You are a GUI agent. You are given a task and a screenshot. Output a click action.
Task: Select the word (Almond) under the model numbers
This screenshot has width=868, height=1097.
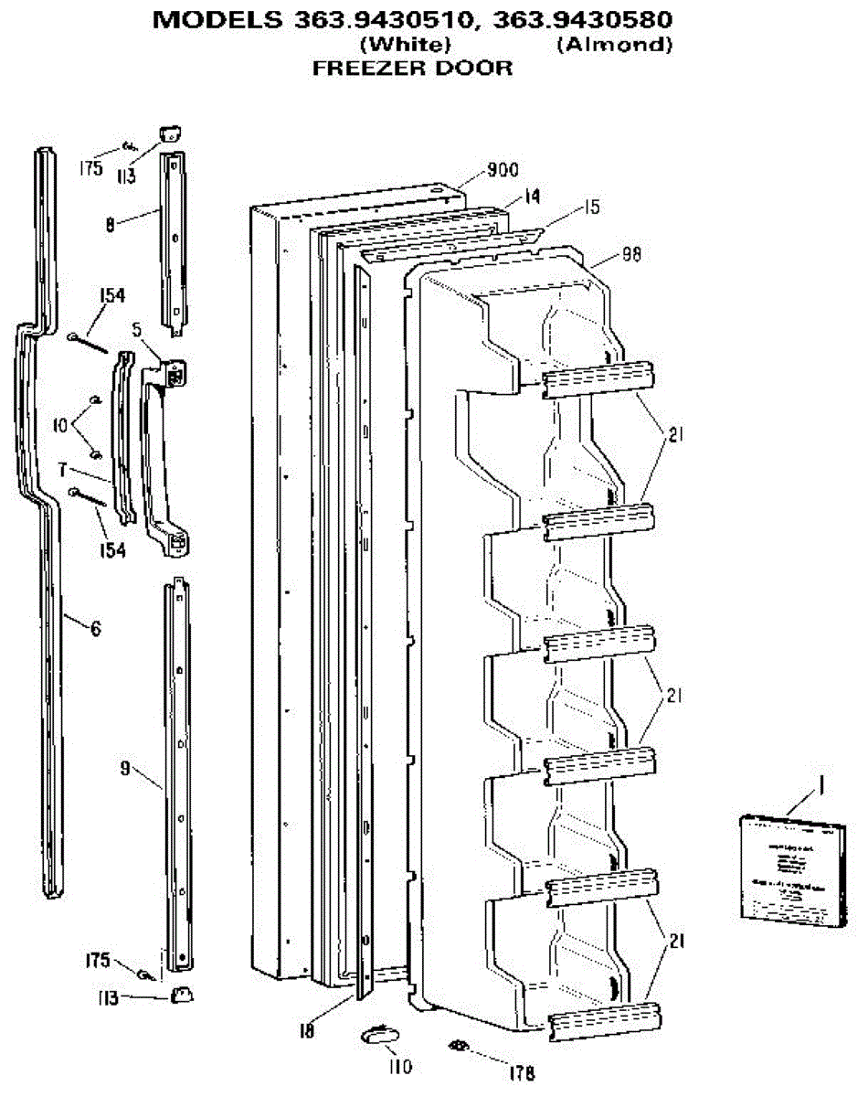pyautogui.click(x=614, y=46)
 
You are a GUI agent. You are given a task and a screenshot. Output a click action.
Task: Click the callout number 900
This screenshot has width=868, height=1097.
pyautogui.click(x=502, y=169)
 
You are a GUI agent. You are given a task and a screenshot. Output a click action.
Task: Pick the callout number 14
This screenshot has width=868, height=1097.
pyautogui.click(x=532, y=196)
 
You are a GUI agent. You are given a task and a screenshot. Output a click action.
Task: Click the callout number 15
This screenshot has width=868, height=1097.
pyautogui.click(x=591, y=208)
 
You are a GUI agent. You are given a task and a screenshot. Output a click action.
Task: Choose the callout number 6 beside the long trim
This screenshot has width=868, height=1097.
pyautogui.click(x=95, y=628)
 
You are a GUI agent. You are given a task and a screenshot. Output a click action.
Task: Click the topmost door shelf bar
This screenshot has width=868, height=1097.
pyautogui.click(x=599, y=378)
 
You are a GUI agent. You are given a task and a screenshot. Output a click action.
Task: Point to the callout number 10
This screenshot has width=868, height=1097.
pyautogui.click(x=60, y=424)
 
